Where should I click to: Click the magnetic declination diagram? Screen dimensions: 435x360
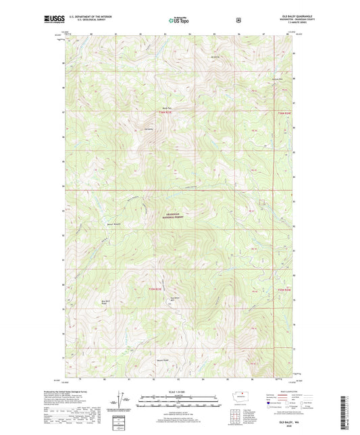point(124,404)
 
